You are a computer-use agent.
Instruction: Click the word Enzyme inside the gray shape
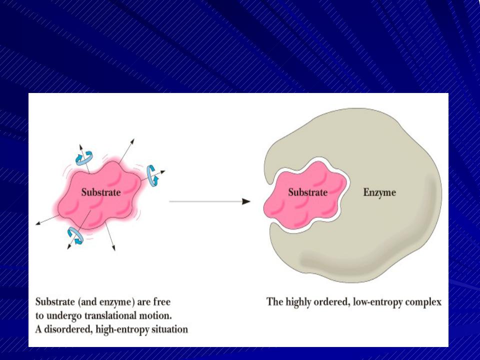[379, 192]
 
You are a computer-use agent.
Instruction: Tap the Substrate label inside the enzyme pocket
[307, 192]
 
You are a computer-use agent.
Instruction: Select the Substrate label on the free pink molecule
[101, 192]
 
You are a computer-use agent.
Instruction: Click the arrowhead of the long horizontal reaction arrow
[246, 201]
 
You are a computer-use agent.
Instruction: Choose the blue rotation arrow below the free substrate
[75, 235]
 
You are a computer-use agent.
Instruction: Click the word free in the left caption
[161, 302]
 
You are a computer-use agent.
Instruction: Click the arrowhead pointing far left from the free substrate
[38, 223]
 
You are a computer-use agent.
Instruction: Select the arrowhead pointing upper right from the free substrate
[132, 141]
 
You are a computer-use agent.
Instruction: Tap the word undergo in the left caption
[63, 316]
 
